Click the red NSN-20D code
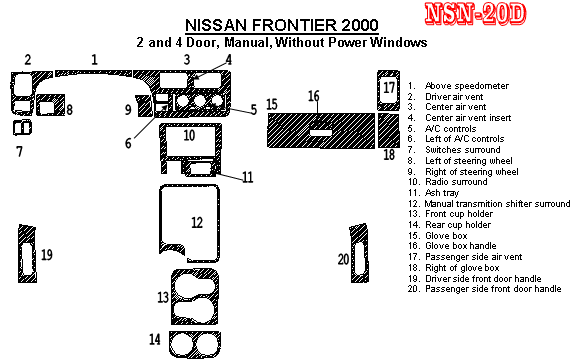(x=475, y=14)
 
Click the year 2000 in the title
(x=360, y=25)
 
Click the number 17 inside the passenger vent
(x=389, y=87)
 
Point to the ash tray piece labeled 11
(x=199, y=169)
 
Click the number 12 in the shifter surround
(x=197, y=222)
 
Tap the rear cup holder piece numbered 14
(x=195, y=344)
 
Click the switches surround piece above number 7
(x=22, y=128)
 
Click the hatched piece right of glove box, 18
(x=389, y=130)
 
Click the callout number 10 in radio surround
(x=189, y=136)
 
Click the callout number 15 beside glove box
(x=271, y=104)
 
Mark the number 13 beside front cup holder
(x=163, y=297)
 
